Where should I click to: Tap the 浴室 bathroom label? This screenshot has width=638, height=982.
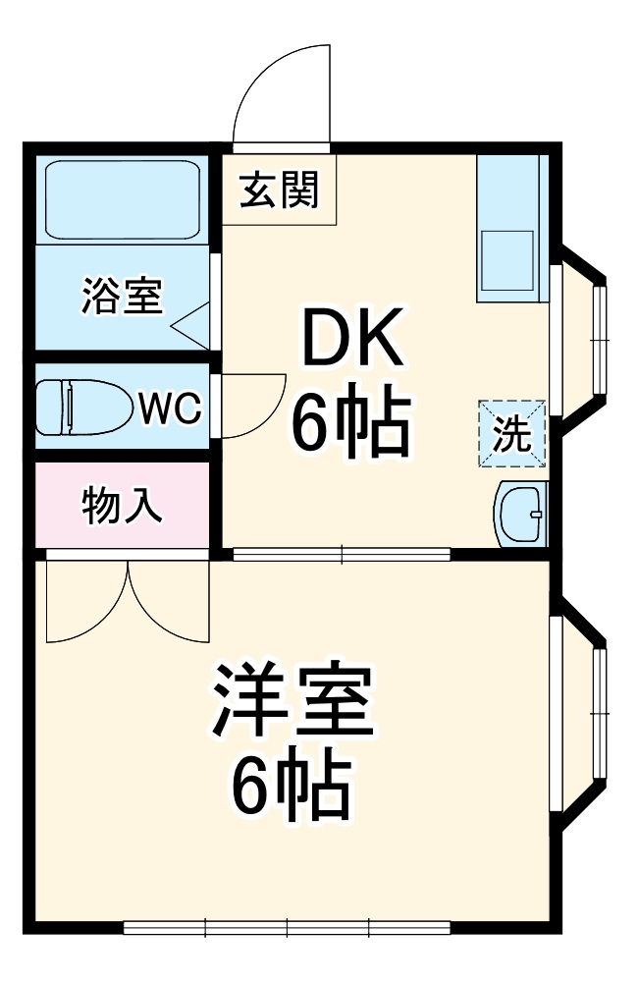point(122,296)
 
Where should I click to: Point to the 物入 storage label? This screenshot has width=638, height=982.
point(122,507)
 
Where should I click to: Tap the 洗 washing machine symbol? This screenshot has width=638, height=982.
point(510,432)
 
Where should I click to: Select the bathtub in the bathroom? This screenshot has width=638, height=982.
point(122,198)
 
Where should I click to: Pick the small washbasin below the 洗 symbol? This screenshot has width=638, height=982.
point(521,512)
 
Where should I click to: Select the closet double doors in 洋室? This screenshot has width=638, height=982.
point(128,599)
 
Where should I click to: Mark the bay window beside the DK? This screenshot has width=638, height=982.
point(585,340)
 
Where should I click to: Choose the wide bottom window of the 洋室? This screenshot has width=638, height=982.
point(287,926)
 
